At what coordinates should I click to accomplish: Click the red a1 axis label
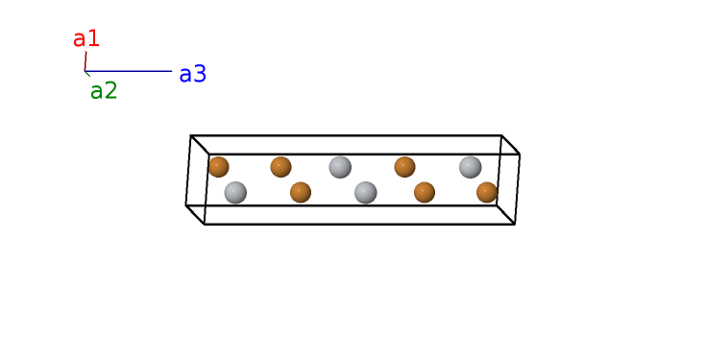click(x=86, y=39)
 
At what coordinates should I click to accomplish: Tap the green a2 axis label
click(x=104, y=91)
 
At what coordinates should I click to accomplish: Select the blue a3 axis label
click(x=193, y=74)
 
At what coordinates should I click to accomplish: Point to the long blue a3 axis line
click(x=129, y=71)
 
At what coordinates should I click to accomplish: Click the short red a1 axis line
click(x=85, y=61)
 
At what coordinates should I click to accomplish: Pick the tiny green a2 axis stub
click(x=87, y=74)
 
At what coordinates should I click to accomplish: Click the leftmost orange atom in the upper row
click(x=218, y=167)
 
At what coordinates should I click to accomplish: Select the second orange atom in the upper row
click(x=280, y=167)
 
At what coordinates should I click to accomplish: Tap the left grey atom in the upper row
click(x=340, y=167)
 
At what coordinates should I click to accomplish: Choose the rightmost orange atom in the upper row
click(x=404, y=167)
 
